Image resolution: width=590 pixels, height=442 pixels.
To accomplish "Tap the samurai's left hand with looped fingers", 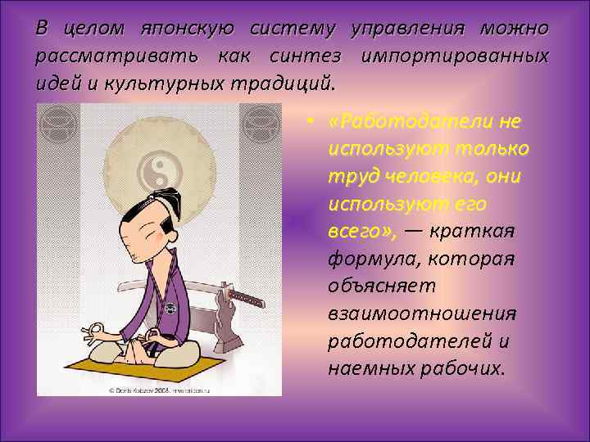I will click(x=95, y=332).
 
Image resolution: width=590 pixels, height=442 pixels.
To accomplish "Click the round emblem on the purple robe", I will click(x=170, y=309).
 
